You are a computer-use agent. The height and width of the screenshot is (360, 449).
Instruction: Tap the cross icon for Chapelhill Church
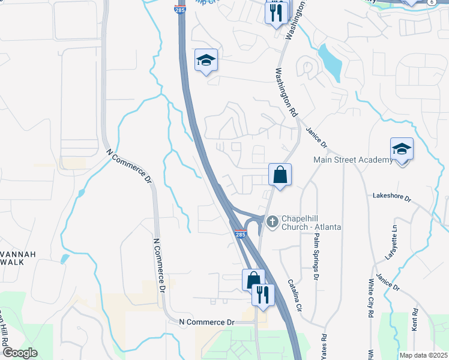(272, 222)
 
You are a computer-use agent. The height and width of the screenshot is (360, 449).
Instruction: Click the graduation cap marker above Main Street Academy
(401, 149)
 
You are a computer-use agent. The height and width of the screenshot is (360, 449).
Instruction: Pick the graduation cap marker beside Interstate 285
(206, 60)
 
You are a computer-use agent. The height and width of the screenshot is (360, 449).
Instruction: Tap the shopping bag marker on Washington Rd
(280, 175)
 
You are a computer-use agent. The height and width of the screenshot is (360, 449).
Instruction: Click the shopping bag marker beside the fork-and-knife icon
(253, 280)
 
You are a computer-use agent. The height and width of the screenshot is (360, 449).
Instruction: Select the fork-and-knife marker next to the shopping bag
(262, 295)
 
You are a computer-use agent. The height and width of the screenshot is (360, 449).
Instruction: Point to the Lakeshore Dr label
(391, 196)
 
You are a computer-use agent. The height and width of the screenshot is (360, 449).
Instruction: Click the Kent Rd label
(414, 322)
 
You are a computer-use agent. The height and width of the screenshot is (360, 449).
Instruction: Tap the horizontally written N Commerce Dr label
(206, 322)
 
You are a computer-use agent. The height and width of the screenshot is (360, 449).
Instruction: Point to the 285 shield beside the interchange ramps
(240, 234)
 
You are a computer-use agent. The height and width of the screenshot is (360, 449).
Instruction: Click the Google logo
(19, 353)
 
